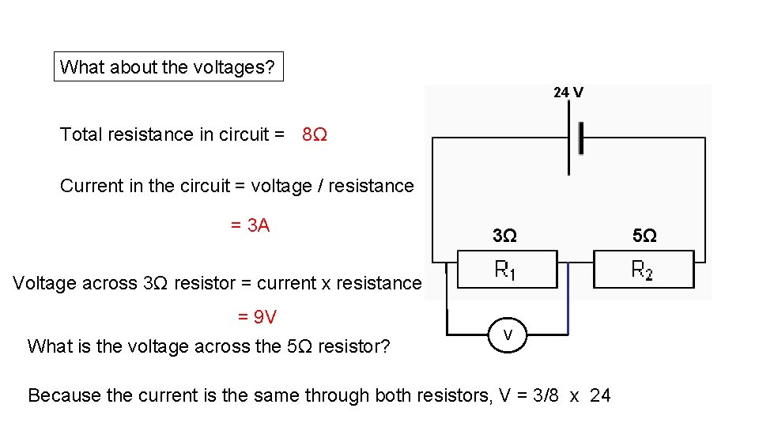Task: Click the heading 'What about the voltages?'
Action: point(168,67)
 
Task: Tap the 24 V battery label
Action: point(568,93)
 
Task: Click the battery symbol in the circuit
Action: point(575,139)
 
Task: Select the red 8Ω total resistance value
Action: point(315,135)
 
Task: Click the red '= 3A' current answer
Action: point(250,226)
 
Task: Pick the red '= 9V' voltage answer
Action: point(257,317)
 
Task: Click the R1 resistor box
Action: point(506,270)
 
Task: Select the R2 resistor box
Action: point(643,270)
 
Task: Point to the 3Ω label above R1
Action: point(504,236)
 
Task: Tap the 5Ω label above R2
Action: point(644,236)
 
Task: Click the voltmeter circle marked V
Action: point(508,335)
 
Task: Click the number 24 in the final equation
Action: point(600,395)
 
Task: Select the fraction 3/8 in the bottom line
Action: point(542,395)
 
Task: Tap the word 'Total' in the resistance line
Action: point(80,135)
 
